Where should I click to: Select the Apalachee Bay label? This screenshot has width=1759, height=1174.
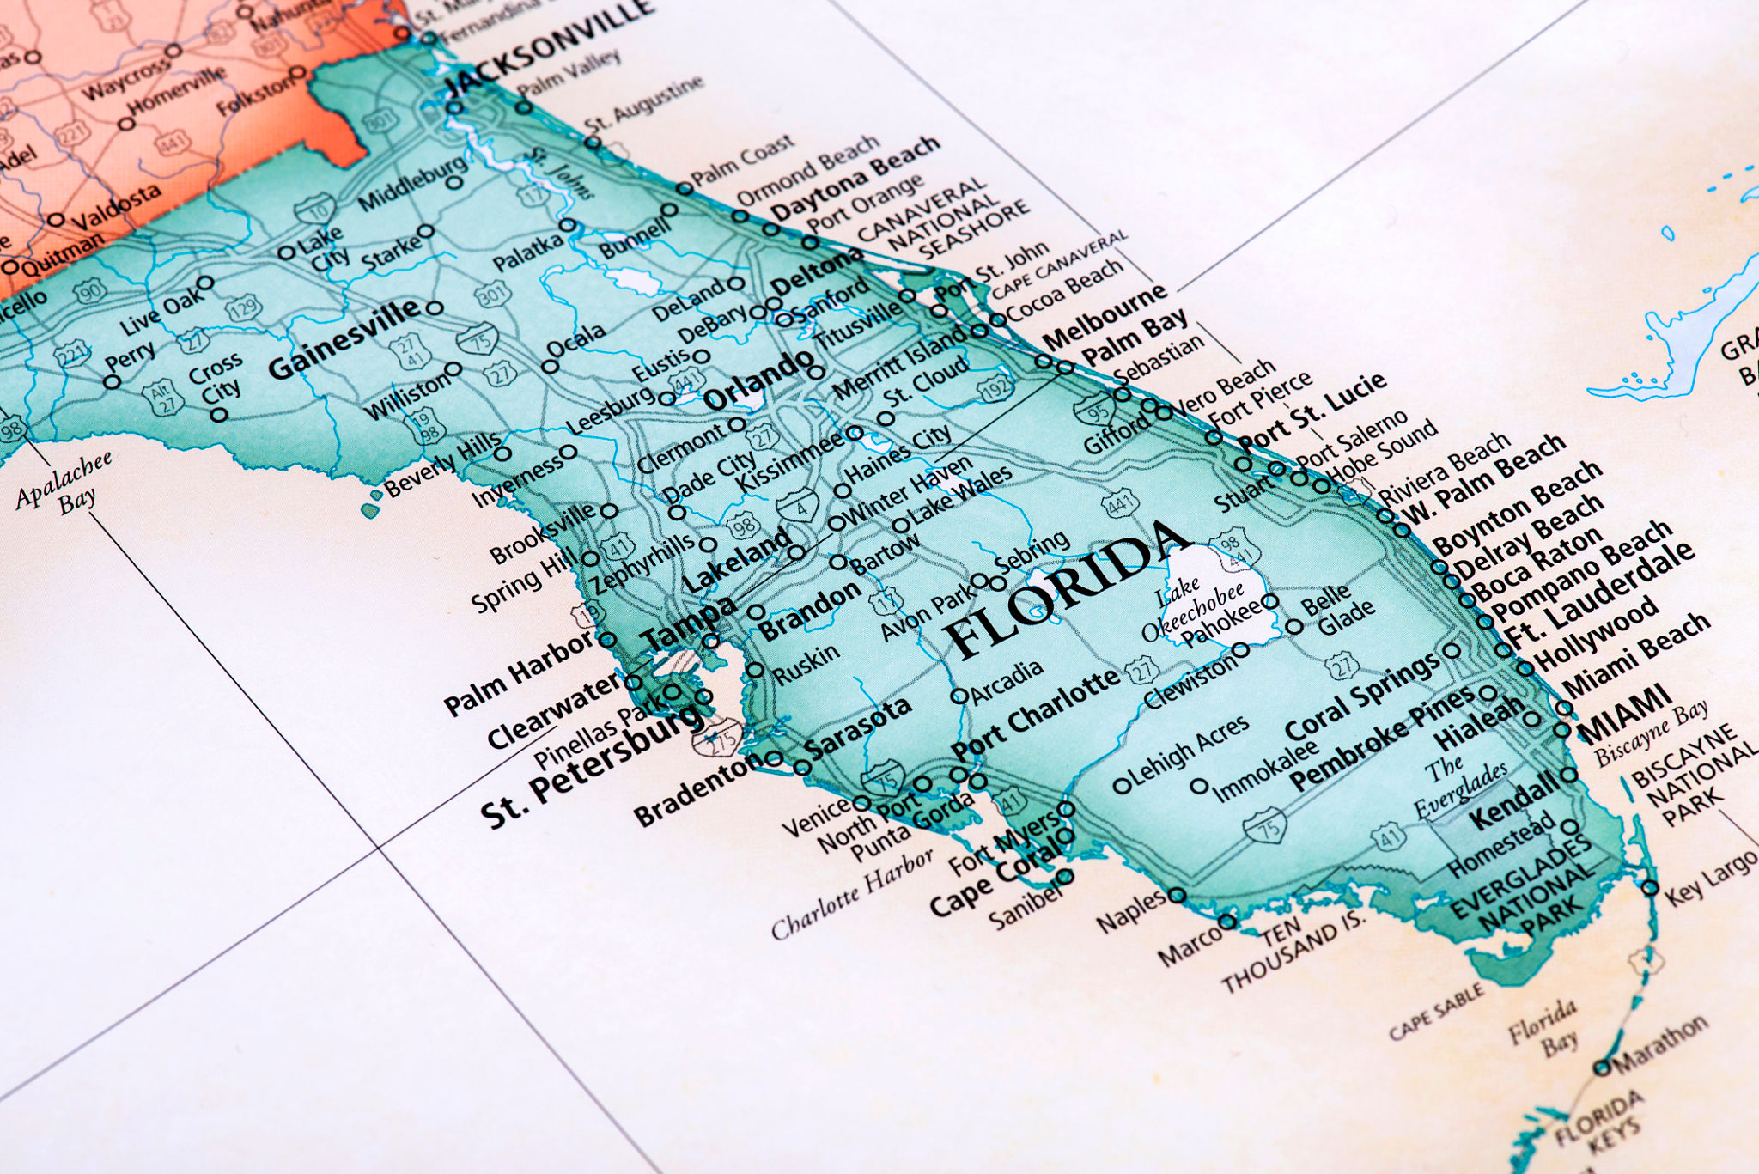tap(65, 484)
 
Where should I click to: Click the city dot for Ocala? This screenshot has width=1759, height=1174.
tap(550, 367)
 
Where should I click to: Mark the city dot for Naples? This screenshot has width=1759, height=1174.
tap(1178, 896)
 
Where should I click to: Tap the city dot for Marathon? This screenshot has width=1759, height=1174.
tap(1602, 1068)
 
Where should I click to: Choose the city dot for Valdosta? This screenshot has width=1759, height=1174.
tap(57, 220)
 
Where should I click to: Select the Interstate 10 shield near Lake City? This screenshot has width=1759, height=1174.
tap(315, 210)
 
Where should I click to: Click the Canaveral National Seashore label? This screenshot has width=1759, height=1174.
tap(944, 219)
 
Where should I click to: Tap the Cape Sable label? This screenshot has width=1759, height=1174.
tap(1436, 1011)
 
